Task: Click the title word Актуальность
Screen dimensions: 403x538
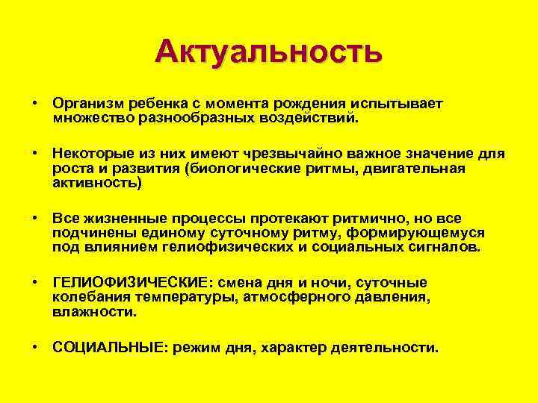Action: (269, 51)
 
